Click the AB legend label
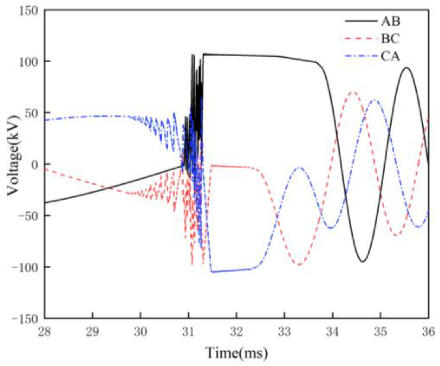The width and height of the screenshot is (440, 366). (x=390, y=22)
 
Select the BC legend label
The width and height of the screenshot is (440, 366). (x=390, y=39)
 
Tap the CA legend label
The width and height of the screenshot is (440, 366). (x=390, y=57)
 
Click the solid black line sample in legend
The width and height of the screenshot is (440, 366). (x=361, y=21)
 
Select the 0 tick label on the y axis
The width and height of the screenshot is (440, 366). (x=34, y=164)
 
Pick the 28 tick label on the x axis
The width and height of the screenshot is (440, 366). (x=45, y=332)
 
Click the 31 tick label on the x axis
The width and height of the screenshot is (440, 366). (x=188, y=332)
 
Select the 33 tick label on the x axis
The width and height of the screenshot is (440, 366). (x=284, y=332)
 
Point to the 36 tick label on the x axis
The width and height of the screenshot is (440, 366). (x=428, y=332)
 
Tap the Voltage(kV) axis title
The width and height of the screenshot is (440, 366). (x=13, y=155)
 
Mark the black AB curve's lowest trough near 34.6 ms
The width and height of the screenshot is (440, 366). (x=363, y=261)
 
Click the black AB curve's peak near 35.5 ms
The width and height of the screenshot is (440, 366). (x=407, y=68)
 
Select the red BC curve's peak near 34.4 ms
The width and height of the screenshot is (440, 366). (x=354, y=92)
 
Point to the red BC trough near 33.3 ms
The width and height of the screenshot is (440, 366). (x=299, y=265)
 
